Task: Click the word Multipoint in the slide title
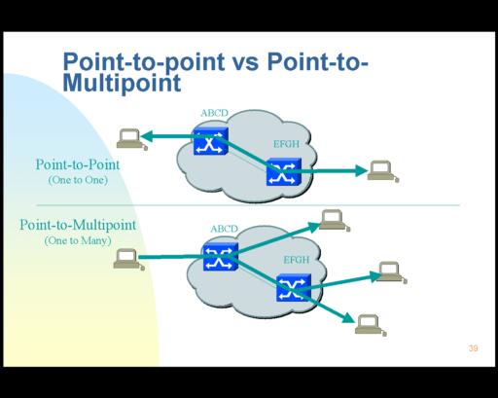[122, 84]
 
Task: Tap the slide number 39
[473, 348]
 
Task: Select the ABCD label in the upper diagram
[214, 113]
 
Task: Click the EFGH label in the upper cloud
[286, 144]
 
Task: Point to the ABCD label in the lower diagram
[224, 229]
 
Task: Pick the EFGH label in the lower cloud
[297, 260]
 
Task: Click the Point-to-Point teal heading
[78, 164]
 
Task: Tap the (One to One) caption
[78, 180]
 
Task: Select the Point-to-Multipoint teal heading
[78, 225]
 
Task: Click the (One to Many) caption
[78, 240]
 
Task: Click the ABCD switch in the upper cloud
[211, 141]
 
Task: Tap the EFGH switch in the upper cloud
[284, 172]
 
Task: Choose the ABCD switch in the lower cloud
[221, 257]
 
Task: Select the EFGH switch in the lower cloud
[294, 287]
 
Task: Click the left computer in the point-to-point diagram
[131, 139]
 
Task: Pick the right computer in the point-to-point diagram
[383, 171]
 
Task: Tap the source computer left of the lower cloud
[128, 259]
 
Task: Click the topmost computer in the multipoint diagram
[335, 221]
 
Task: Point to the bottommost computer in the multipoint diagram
[371, 325]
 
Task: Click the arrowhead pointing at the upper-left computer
[147, 136]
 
